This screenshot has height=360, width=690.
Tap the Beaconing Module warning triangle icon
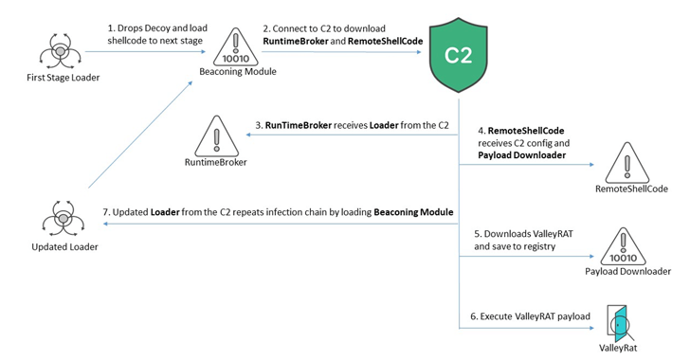pyautogui.click(x=225, y=45)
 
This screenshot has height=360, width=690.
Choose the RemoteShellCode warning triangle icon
pyautogui.click(x=631, y=161)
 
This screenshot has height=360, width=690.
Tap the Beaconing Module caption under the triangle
pyautogui.click(x=225, y=71)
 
